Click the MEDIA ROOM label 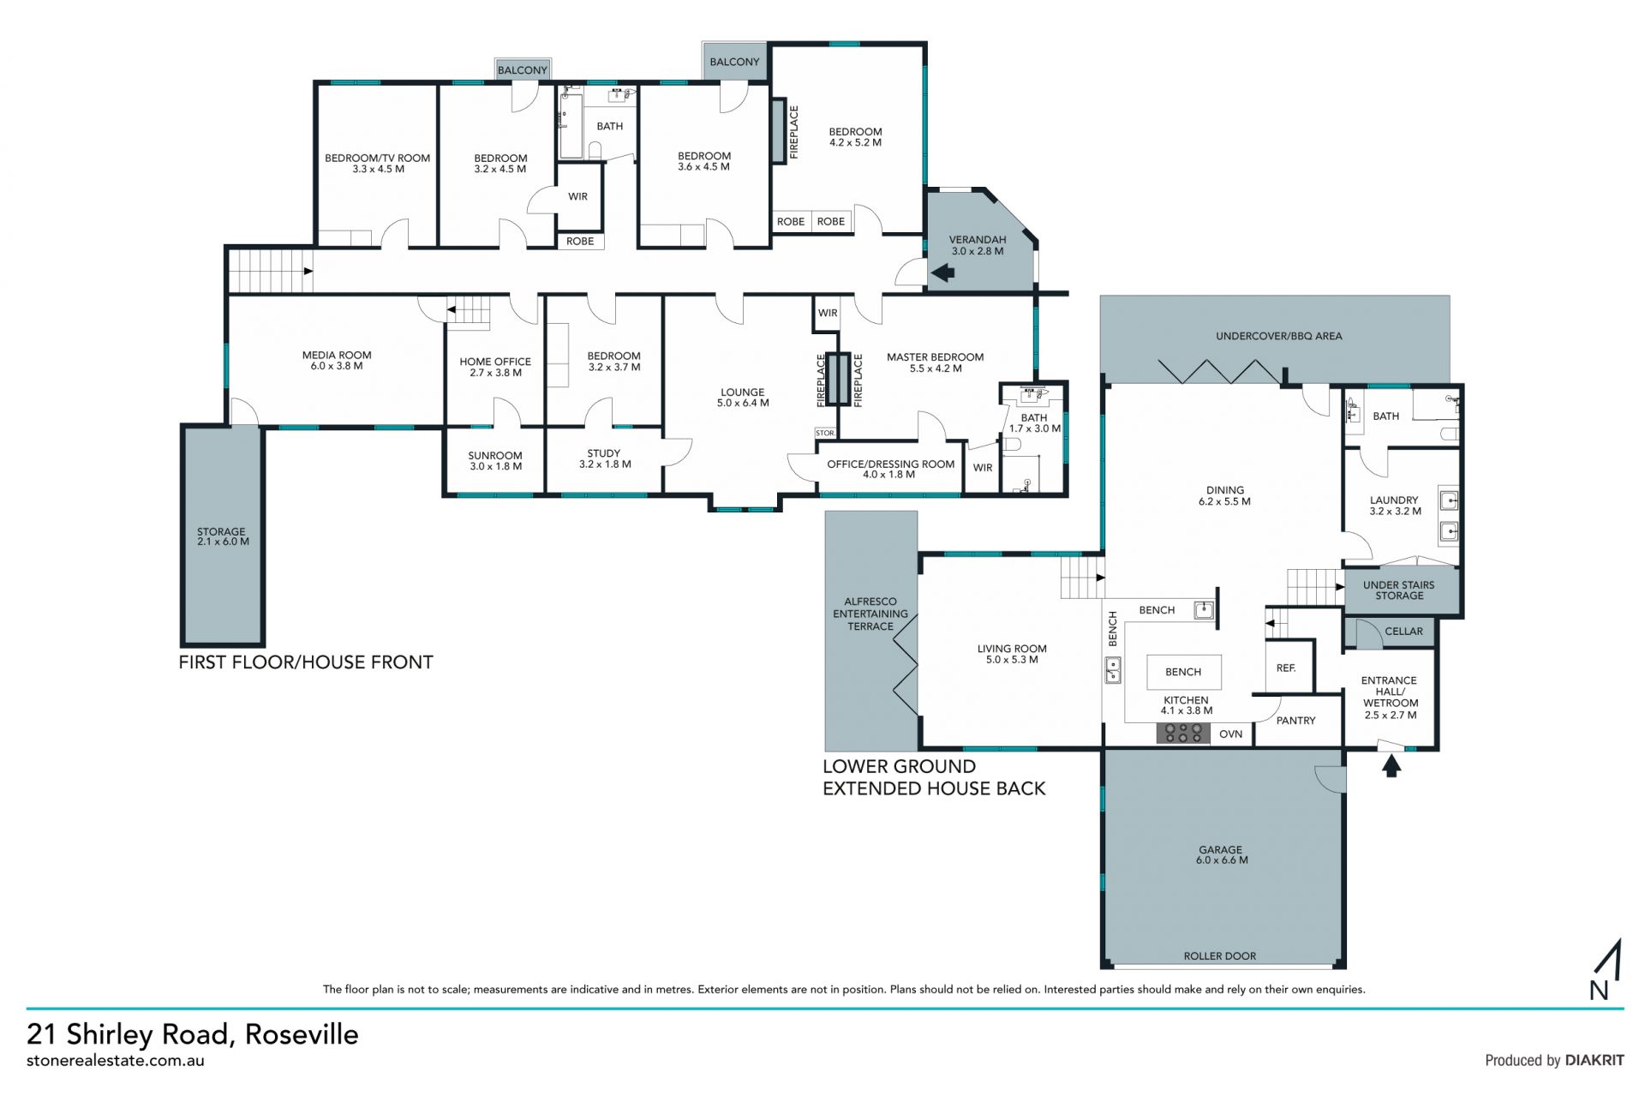(337, 360)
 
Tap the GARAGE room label (1222, 854)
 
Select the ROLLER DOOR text (1220, 955)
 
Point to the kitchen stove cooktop (1183, 733)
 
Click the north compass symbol (1606, 970)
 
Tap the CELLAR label (1403, 632)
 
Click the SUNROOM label (495, 461)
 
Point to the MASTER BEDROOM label (936, 362)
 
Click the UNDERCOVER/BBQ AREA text (1278, 336)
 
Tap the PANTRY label (1295, 721)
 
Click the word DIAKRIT (1594, 1060)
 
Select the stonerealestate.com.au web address (116, 1061)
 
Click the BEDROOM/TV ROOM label (378, 164)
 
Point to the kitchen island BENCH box (1183, 672)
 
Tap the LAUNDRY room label (1395, 506)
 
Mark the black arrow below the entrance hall (1391, 766)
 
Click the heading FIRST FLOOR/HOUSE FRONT (306, 662)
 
